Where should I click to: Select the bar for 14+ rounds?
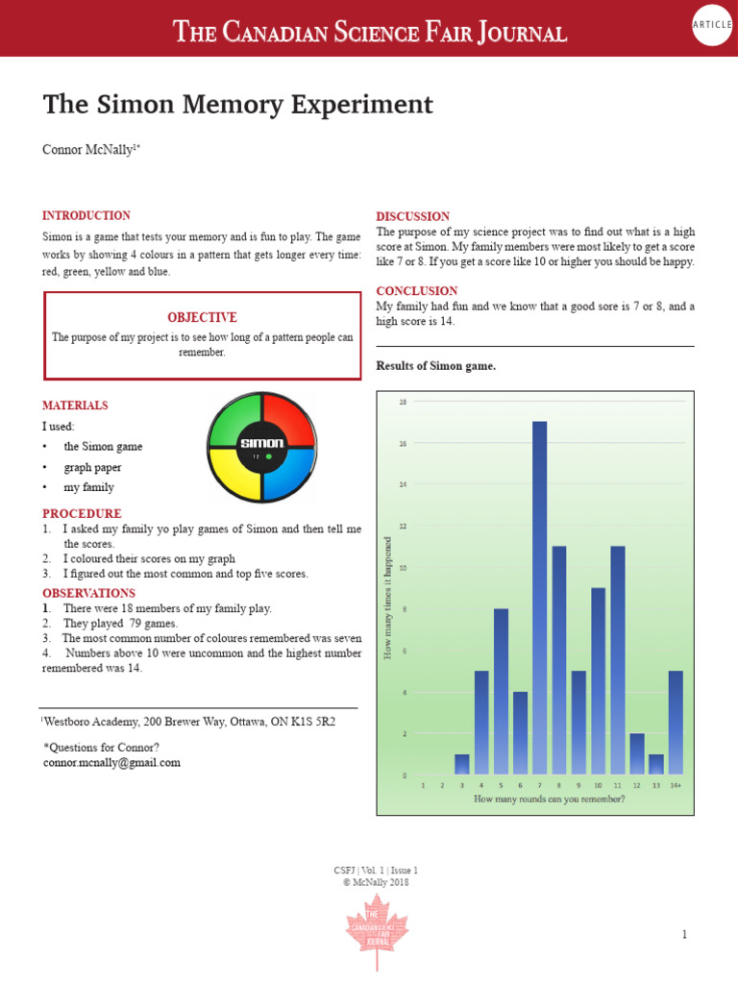tap(676, 722)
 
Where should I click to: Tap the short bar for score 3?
tap(462, 764)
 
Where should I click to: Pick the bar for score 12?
tap(637, 753)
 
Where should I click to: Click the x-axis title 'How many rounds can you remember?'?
tap(549, 799)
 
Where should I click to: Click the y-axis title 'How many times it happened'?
tap(388, 598)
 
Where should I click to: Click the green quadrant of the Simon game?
tap(236, 421)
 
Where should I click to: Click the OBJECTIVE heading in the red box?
tap(202, 317)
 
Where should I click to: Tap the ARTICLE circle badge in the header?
tap(713, 27)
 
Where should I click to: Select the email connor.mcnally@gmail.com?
tap(111, 762)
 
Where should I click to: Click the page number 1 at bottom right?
tap(685, 934)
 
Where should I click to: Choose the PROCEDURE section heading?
tap(82, 514)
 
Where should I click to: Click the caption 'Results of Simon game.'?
tap(435, 366)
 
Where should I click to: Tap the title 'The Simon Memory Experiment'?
tap(237, 105)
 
